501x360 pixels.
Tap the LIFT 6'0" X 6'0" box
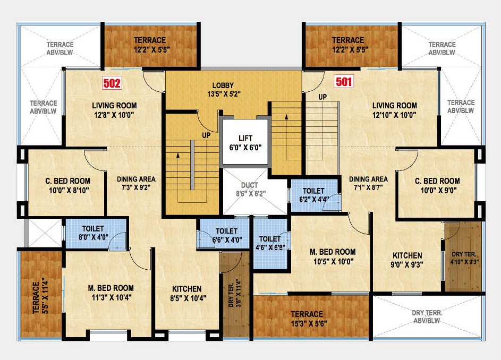pos(244,142)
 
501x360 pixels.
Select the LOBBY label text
pos(223,85)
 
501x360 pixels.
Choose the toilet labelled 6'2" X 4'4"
pos(314,195)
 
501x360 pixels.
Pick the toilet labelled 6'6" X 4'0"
pos(226,235)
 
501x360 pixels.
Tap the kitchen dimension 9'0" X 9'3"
pos(407,264)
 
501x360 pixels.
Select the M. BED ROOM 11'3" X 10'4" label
pos(111,293)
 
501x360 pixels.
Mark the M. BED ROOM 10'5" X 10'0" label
pos(333,256)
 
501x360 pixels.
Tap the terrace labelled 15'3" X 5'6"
pos(307,318)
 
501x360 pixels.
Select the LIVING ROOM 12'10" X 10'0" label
pos(394,110)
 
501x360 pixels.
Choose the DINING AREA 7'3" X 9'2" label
pos(136,184)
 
